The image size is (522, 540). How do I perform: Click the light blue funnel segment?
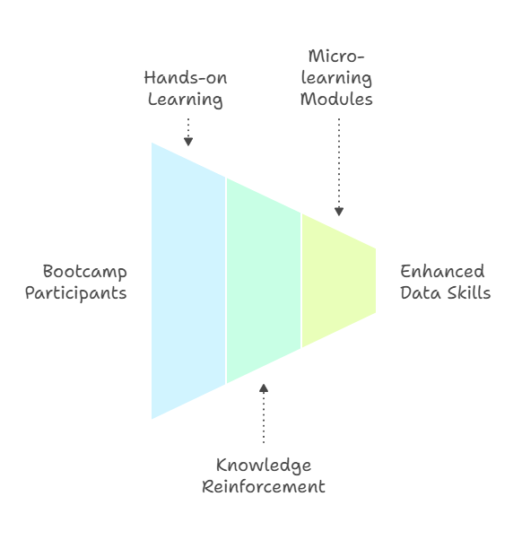click(188, 281)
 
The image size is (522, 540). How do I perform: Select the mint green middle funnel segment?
click(264, 281)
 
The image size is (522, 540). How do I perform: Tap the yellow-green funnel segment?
click(338, 281)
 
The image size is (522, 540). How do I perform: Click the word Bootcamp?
click(84, 272)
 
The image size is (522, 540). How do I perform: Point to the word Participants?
click(75, 293)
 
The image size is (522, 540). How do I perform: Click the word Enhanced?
click(442, 272)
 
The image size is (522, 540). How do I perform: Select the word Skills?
click(468, 292)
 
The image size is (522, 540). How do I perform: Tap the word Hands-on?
click(186, 78)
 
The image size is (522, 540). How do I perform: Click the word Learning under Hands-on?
click(186, 100)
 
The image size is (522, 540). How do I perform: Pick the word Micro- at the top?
click(336, 57)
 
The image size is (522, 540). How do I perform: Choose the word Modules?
click(336, 100)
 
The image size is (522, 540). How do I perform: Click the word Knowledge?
click(264, 466)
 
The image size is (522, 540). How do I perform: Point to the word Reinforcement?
click(264, 487)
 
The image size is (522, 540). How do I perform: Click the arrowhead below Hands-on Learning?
click(188, 142)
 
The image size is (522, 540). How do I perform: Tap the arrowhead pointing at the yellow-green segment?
click(339, 212)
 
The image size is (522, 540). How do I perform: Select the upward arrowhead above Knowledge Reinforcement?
click(264, 388)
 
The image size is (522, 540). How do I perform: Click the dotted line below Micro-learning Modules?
click(339, 163)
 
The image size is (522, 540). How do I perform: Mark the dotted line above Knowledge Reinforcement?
click(264, 418)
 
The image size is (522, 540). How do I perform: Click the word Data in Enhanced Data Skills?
click(421, 292)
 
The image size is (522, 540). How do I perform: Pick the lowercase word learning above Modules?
click(336, 79)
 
